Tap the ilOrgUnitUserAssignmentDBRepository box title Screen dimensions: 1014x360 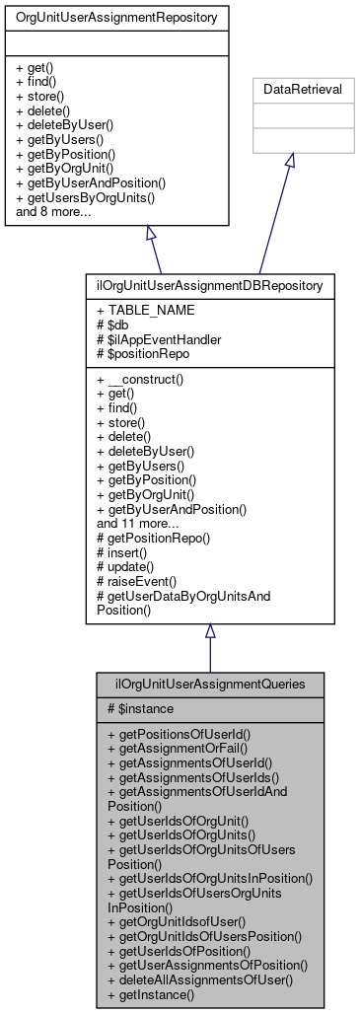[209, 285]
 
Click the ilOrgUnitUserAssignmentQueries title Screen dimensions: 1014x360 [209, 683]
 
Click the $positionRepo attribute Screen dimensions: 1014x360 [146, 353]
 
